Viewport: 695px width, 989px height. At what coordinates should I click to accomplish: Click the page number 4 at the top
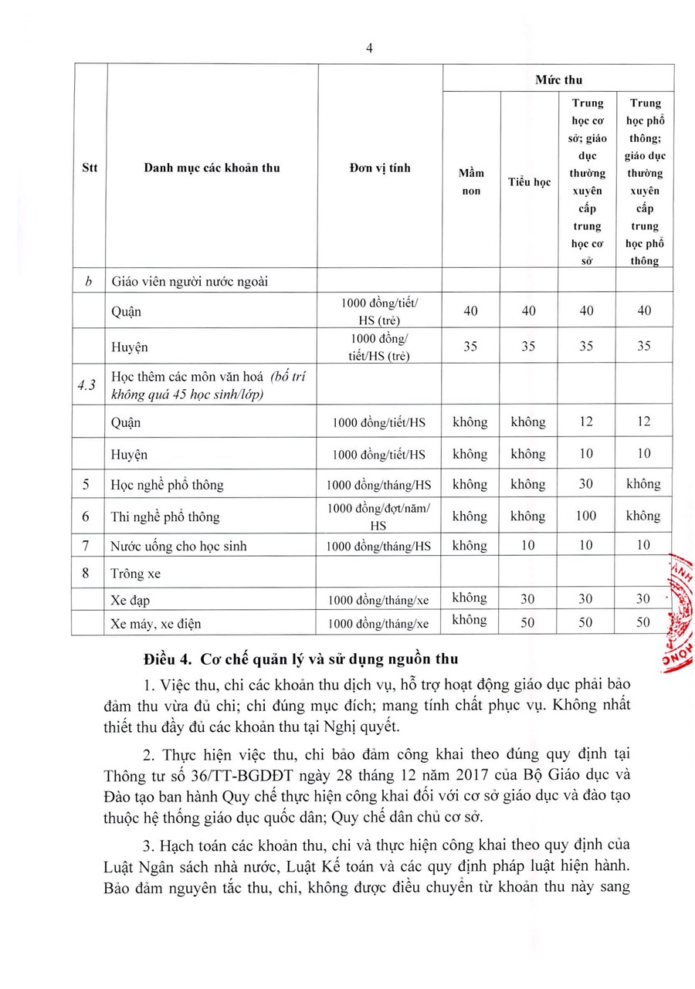point(369,48)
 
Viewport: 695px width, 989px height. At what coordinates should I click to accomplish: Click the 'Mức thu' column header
point(558,80)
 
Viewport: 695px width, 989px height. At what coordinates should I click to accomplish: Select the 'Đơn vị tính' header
point(380,168)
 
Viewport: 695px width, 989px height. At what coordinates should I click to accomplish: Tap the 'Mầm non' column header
point(471,182)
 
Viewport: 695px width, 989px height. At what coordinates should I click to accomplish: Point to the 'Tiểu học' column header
point(529,182)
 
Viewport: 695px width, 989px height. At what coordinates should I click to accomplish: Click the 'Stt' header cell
point(90,168)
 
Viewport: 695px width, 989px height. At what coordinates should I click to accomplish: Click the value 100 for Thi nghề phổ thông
point(586,516)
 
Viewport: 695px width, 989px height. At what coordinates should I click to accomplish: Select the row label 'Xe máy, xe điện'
point(158,623)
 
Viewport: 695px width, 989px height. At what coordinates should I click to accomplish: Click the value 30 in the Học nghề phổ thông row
point(586,485)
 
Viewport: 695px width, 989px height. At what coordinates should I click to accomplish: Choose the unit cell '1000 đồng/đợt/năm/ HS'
point(379,516)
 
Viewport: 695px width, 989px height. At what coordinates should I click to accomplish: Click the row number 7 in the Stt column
point(90,546)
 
